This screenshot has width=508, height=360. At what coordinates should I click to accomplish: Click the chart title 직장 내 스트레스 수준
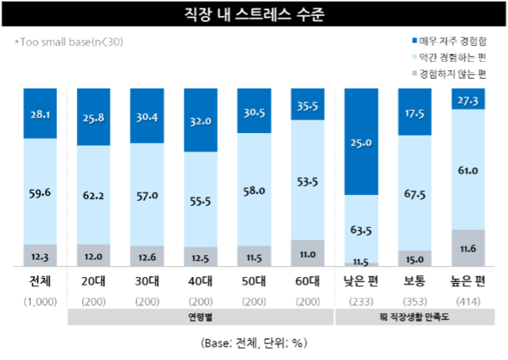[253, 14]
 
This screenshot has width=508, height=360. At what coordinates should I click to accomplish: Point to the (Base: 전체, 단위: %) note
[253, 343]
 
